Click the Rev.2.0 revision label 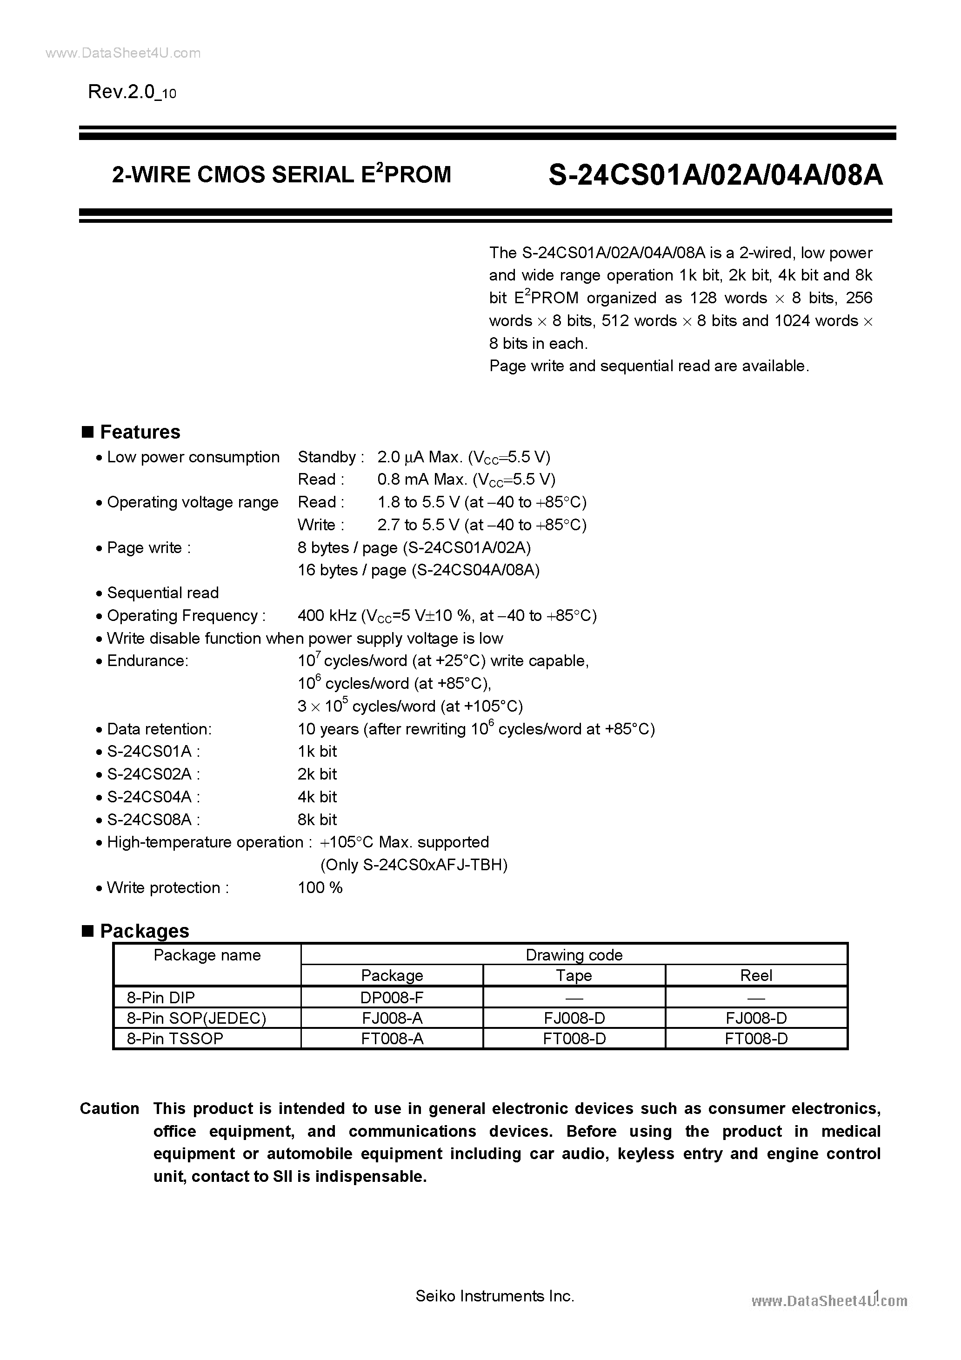(132, 92)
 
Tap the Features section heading (140, 432)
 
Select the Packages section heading (144, 931)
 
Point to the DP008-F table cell (392, 998)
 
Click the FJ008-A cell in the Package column (392, 1018)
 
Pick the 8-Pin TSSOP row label (175, 1038)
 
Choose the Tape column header (574, 975)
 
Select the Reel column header (756, 975)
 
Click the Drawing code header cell (574, 955)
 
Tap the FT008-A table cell (392, 1038)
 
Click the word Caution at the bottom (110, 1108)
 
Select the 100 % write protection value (320, 887)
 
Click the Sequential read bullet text (162, 593)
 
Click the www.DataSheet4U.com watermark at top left (123, 53)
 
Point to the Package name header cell (207, 955)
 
